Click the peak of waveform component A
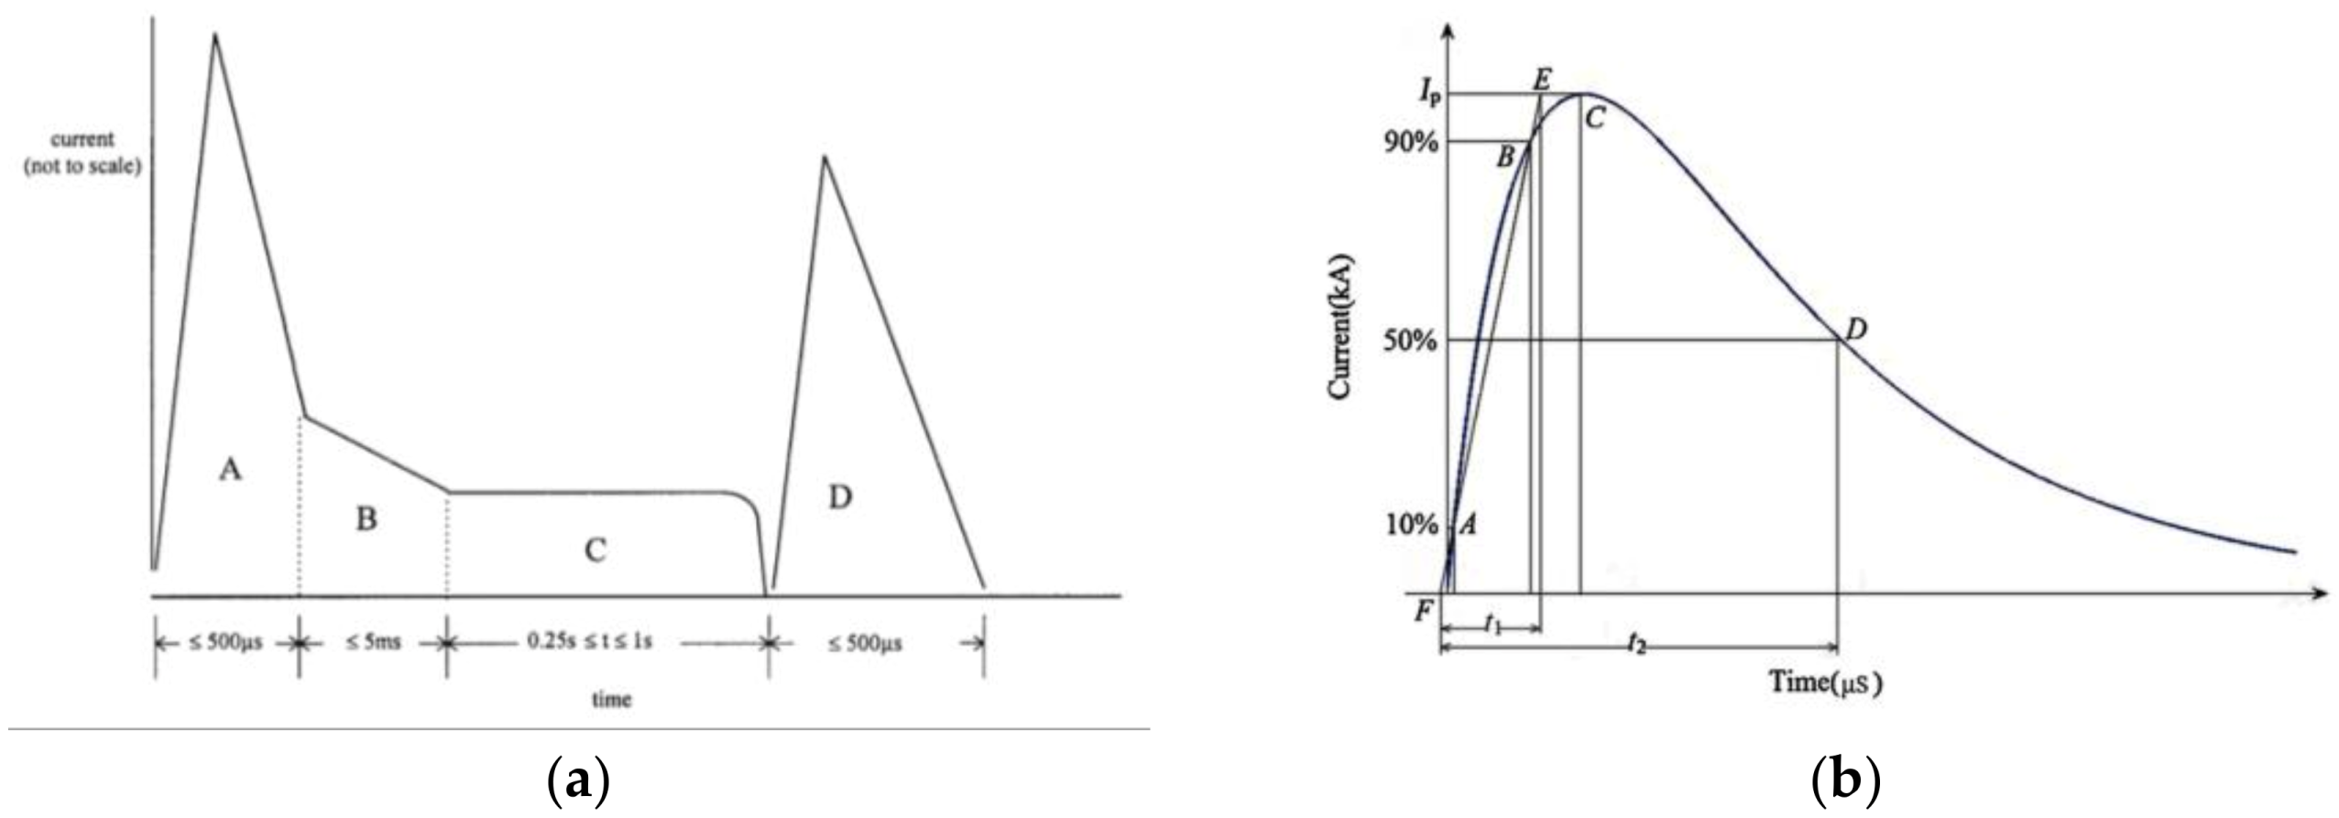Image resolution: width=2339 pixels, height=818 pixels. click(215, 37)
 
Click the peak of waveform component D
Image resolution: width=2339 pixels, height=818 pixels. click(825, 158)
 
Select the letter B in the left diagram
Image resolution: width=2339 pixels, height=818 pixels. click(366, 520)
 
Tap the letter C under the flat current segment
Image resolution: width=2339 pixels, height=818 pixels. click(595, 551)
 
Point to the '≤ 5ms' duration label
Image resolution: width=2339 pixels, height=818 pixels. click(373, 642)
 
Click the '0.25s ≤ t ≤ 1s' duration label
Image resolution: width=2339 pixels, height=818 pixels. click(589, 641)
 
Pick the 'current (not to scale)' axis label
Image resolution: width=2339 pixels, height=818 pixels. click(82, 153)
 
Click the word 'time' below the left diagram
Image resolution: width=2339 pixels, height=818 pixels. click(611, 700)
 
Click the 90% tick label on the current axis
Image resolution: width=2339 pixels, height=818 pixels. click(1412, 143)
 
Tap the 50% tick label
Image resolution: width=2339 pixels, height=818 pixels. click(1412, 341)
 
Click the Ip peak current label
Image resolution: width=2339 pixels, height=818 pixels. click(1428, 90)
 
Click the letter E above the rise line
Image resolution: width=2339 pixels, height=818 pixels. click(1541, 80)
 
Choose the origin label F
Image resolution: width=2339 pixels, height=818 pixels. click(1423, 610)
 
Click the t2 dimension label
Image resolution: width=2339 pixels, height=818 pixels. click(1636, 645)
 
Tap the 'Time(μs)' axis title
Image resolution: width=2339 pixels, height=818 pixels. click(1825, 682)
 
